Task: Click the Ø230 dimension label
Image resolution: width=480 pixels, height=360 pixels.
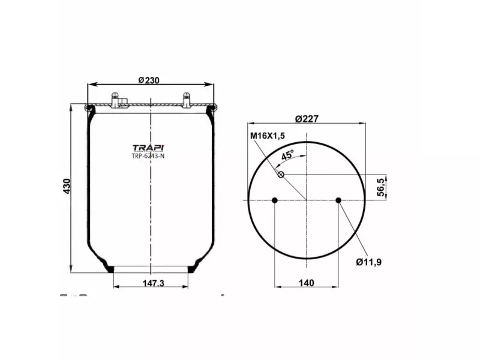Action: tap(148, 80)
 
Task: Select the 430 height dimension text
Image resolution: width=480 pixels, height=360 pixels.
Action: tap(67, 186)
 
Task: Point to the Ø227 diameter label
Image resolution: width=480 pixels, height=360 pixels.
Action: tap(307, 118)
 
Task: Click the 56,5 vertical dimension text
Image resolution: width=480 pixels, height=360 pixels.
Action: tap(380, 188)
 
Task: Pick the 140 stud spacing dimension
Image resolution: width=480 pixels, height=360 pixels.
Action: tap(307, 283)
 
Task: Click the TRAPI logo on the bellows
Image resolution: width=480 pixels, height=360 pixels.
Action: tap(148, 148)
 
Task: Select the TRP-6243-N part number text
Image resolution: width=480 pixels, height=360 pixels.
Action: tap(148, 157)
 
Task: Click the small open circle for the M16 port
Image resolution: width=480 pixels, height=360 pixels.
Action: tap(280, 175)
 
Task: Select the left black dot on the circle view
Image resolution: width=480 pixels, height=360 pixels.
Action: tap(274, 200)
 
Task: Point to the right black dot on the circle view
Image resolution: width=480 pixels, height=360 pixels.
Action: tap(338, 200)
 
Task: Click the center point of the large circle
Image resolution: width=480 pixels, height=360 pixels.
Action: tap(307, 200)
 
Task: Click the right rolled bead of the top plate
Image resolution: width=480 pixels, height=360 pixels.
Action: tap(211, 108)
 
